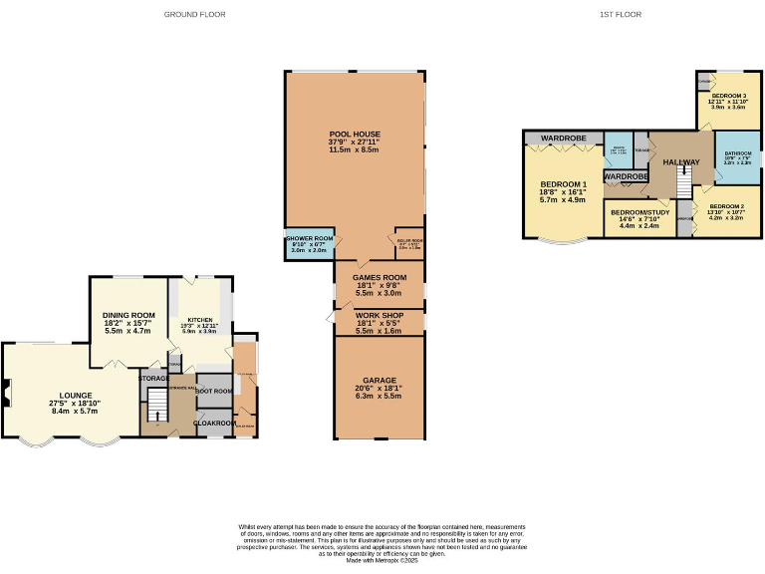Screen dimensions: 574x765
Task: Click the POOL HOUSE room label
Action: coord(355,134)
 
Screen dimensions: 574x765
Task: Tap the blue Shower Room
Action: coord(309,245)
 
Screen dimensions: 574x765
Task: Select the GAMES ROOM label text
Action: coord(378,278)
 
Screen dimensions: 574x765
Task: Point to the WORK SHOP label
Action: coord(378,315)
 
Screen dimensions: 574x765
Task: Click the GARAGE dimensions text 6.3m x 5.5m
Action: coord(379,396)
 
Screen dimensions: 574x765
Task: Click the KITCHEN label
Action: coord(200,320)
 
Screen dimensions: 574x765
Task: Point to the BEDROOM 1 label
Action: coord(564,184)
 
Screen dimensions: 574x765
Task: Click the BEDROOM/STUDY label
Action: coord(639,213)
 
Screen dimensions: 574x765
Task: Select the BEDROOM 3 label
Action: coord(727,96)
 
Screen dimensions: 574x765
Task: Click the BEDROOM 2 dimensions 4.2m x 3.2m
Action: coord(727,217)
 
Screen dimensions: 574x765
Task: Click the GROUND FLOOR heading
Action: coord(195,15)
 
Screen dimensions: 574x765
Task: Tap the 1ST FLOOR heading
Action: coord(620,15)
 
